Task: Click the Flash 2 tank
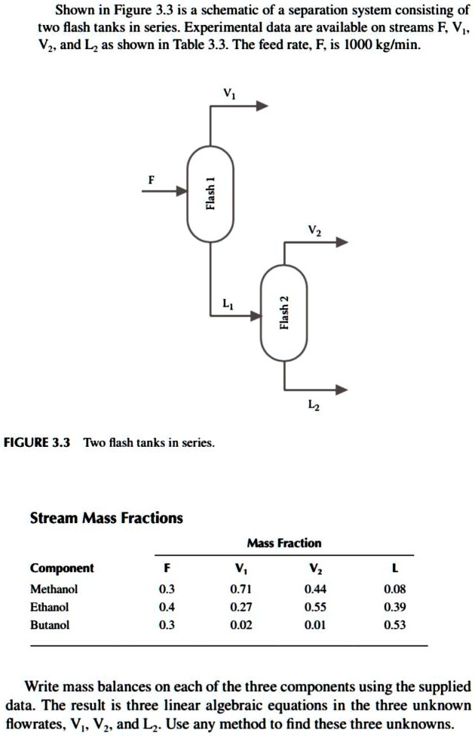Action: [283, 313]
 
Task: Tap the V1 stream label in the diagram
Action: [228, 93]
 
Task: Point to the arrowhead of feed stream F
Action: [182, 192]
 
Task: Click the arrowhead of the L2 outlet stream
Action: [342, 390]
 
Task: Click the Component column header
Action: [62, 568]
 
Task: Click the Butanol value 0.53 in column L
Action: [394, 625]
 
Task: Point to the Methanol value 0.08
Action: [394, 588]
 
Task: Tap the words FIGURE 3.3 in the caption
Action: [37, 442]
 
